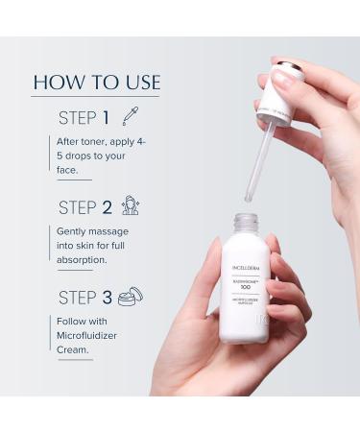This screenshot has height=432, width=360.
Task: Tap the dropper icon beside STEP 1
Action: [x=130, y=116]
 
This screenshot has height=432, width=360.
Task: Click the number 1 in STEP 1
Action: [x=105, y=117]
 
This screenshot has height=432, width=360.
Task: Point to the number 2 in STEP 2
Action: [x=107, y=207]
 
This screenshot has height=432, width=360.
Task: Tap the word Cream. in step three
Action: [x=72, y=349]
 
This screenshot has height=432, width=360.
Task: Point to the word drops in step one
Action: [x=79, y=156]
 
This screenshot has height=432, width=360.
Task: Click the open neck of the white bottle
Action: [x=247, y=222]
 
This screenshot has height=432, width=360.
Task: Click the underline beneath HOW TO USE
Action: [x=96, y=96]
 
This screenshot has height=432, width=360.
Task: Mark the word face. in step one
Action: [x=69, y=170]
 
